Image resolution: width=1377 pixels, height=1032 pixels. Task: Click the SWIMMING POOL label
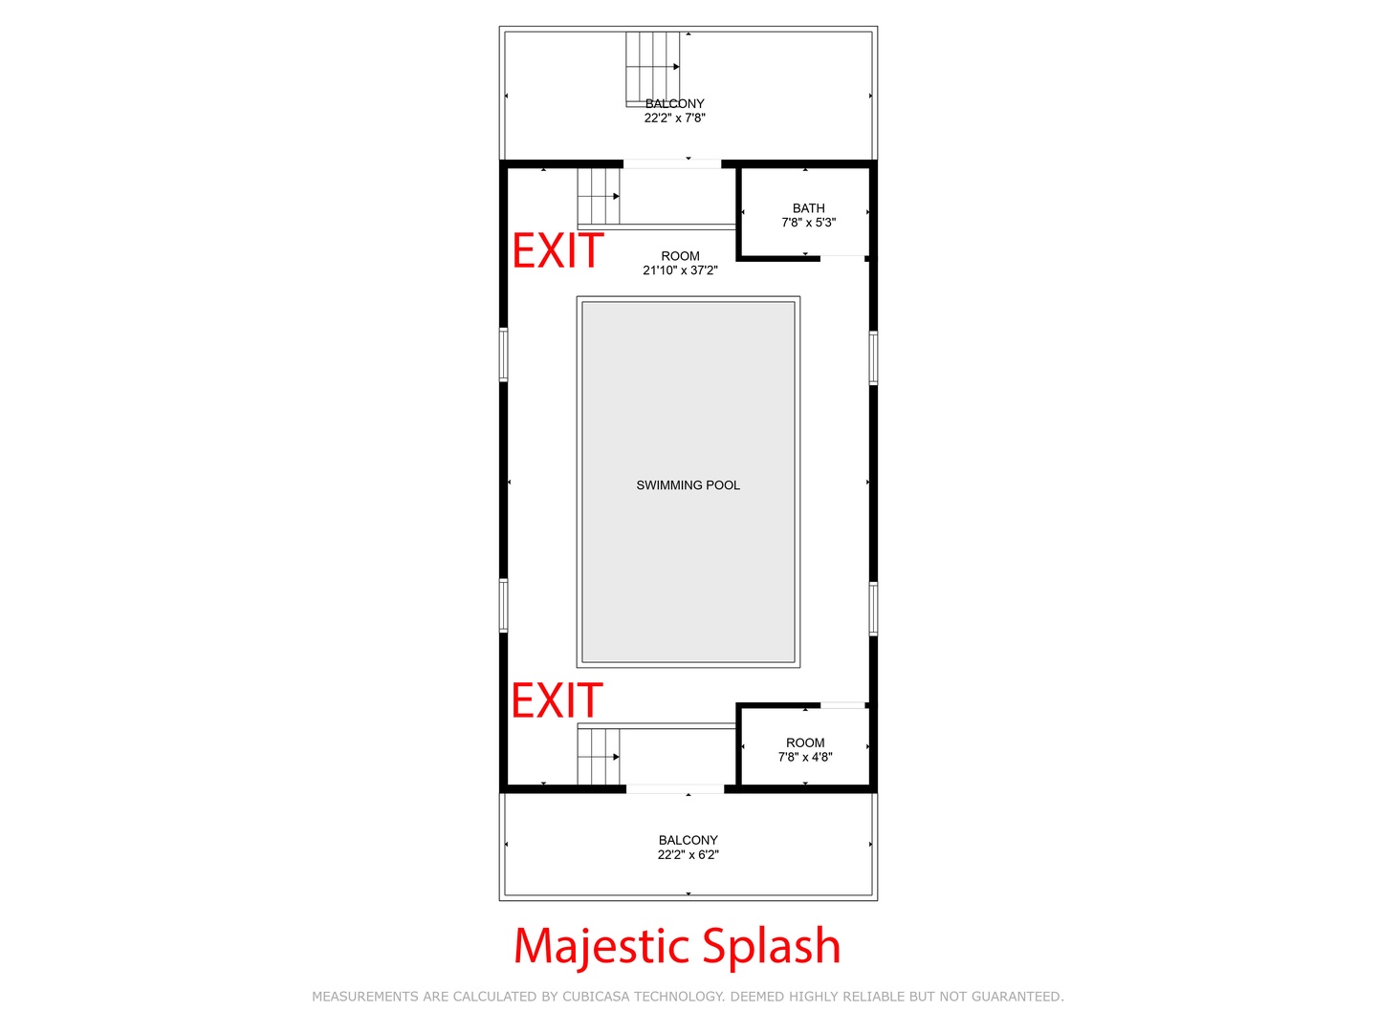pos(688,485)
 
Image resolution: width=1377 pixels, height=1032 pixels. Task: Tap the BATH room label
pos(808,208)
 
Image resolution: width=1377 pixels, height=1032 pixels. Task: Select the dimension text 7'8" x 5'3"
pos(808,223)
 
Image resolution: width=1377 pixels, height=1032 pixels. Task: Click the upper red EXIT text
pos(557,250)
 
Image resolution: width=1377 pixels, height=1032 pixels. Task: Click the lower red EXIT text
pos(557,699)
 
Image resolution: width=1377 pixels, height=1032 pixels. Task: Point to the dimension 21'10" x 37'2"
pos(680,270)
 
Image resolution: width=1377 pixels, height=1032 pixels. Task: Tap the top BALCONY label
pos(674,103)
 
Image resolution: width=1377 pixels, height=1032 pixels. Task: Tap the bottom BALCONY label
pos(688,840)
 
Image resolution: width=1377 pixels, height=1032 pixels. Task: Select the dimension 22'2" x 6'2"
pos(688,854)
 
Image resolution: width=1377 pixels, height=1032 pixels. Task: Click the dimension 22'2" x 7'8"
pos(674,118)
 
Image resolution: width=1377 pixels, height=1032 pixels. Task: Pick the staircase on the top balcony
pos(652,69)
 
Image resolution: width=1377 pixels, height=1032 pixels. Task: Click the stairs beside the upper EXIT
pos(598,197)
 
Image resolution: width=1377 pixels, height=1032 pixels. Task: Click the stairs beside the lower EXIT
pos(598,756)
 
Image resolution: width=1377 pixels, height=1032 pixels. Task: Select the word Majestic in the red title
pos(601,946)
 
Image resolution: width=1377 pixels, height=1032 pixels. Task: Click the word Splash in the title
pos(771,945)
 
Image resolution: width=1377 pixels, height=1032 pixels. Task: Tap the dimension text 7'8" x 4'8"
pos(805,757)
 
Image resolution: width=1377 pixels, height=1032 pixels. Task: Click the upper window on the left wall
pos(503,355)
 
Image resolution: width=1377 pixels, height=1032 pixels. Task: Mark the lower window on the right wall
pos(873,609)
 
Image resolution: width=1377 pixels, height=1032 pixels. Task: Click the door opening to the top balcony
pos(672,164)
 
